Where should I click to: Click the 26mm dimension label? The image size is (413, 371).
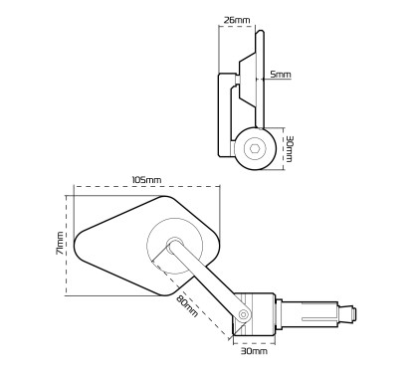[x=237, y=20]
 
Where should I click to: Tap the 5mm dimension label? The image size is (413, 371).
[x=281, y=75]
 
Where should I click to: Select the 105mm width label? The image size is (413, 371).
[x=146, y=180]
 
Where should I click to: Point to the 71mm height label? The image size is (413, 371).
[x=60, y=243]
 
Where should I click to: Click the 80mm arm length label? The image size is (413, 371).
[x=187, y=305]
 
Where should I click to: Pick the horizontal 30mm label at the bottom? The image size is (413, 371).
[x=254, y=351]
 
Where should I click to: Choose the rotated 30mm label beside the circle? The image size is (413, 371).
[x=289, y=148]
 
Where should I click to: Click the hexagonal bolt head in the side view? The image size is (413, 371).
[x=254, y=148]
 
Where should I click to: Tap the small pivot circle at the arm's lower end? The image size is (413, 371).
[x=244, y=313]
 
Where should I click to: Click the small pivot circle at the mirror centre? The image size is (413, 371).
[x=174, y=245]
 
